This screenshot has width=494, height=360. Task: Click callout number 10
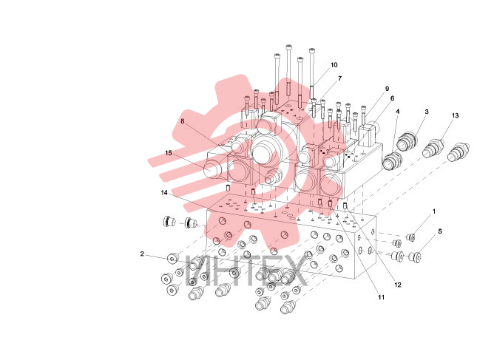point(334,65)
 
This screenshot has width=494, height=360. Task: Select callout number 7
point(339,78)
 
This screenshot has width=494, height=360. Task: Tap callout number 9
point(388,89)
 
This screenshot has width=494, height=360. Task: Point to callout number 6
point(392,98)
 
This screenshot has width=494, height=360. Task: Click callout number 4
point(398,111)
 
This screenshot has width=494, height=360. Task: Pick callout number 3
point(427,112)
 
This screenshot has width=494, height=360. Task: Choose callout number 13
point(456,115)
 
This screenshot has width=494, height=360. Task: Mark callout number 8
point(183,121)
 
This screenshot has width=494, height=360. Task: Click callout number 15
point(169,153)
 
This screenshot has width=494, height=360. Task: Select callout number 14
point(164,192)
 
